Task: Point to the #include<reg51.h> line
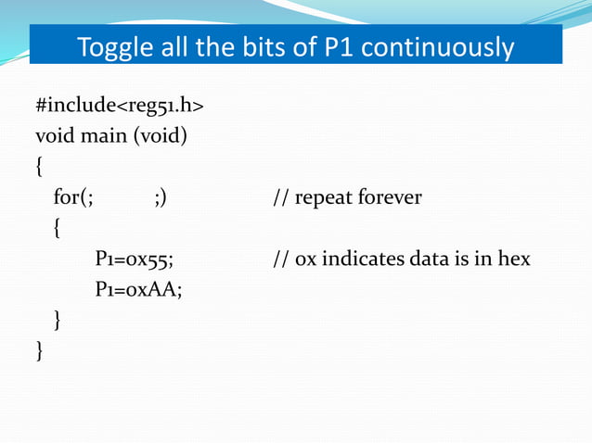pyautogui.click(x=120, y=108)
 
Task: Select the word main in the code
pyautogui.click(x=102, y=137)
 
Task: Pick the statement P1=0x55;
pyautogui.click(x=135, y=258)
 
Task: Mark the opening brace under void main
pyautogui.click(x=39, y=168)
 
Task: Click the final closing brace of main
pyautogui.click(x=39, y=349)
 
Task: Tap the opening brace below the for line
pyautogui.click(x=58, y=228)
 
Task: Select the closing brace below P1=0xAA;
pyautogui.click(x=58, y=320)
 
